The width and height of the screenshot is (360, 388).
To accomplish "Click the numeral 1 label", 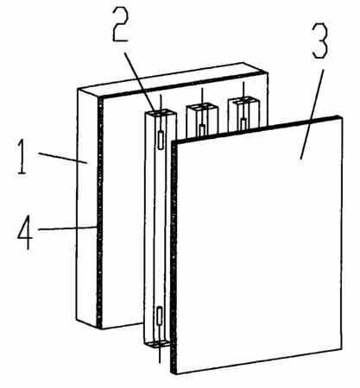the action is pyautogui.click(x=22, y=156).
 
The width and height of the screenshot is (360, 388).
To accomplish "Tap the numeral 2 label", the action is pyautogui.click(x=120, y=24).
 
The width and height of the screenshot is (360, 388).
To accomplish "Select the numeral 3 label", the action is pyautogui.click(x=320, y=41).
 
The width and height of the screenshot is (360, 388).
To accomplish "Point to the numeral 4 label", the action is pyautogui.click(x=25, y=232).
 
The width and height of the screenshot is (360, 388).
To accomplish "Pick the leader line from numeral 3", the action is pyautogui.click(x=312, y=114).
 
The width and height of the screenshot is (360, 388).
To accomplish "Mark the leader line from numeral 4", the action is pyautogui.click(x=67, y=228).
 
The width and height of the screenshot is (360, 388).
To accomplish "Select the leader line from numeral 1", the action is pyautogui.click(x=63, y=158).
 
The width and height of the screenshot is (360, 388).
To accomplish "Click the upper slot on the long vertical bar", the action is pyautogui.click(x=161, y=140).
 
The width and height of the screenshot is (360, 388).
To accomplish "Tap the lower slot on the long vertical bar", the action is pyautogui.click(x=160, y=316).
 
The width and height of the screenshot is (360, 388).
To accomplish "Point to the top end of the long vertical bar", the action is pyautogui.click(x=160, y=113).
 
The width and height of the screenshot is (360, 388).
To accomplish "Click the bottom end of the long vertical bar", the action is pyautogui.click(x=159, y=344).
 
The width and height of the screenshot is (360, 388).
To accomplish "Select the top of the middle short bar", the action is pyautogui.click(x=201, y=106).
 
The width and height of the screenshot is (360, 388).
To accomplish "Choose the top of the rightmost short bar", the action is pyautogui.click(x=243, y=100).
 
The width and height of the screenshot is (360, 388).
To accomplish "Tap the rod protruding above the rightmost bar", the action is pyautogui.click(x=243, y=90).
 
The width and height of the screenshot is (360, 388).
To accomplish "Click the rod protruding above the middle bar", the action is pyautogui.click(x=202, y=96).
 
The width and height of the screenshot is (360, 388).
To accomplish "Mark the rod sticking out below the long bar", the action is pyautogui.click(x=160, y=354).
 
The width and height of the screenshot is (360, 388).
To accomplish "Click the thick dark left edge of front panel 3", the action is pyautogui.click(x=174, y=257).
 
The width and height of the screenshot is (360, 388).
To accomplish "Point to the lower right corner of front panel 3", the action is pyautogui.click(x=342, y=349).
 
